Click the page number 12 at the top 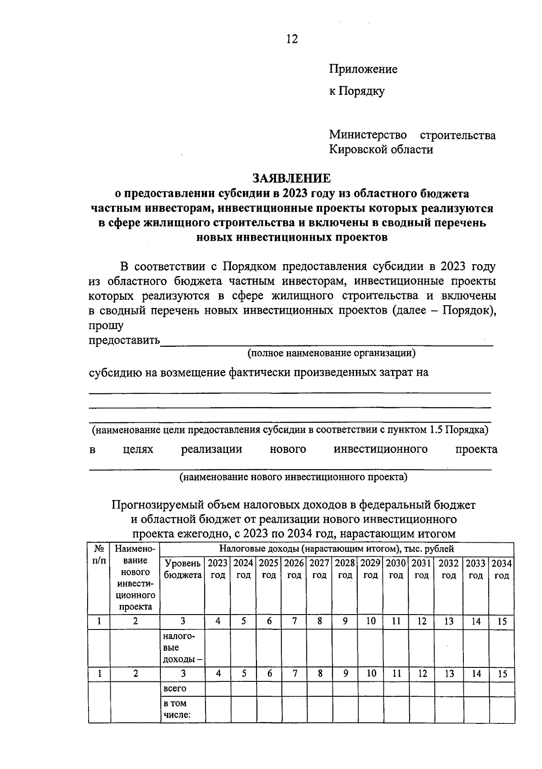(x=292, y=39)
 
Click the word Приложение (x=363, y=69)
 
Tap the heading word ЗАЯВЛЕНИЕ (x=291, y=178)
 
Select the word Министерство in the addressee (x=368, y=135)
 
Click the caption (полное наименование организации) (x=331, y=353)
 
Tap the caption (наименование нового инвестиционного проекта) (x=293, y=477)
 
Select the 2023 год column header (x=218, y=569)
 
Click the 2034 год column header (x=501, y=569)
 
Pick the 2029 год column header (x=370, y=569)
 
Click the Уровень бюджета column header (x=182, y=569)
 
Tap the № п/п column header (x=99, y=555)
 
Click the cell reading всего (x=175, y=689)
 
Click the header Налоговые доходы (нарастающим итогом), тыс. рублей (x=336, y=549)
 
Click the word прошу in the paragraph (x=106, y=326)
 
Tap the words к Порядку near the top (x=356, y=91)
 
